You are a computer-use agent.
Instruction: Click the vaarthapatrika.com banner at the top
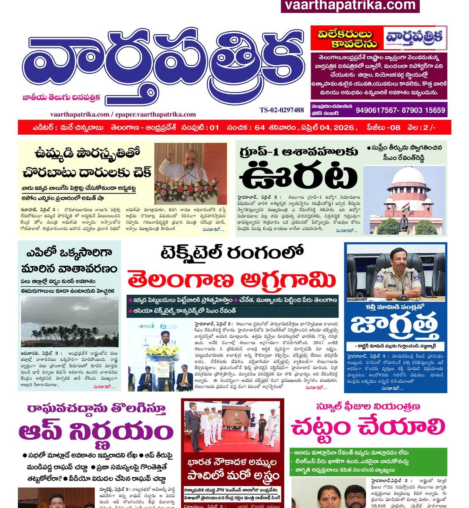350,6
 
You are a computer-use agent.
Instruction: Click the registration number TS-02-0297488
282,110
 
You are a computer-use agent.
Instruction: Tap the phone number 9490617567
377,110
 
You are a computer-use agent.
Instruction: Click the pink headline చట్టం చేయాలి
368,428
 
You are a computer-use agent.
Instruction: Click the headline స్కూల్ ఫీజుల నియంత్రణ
368,406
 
